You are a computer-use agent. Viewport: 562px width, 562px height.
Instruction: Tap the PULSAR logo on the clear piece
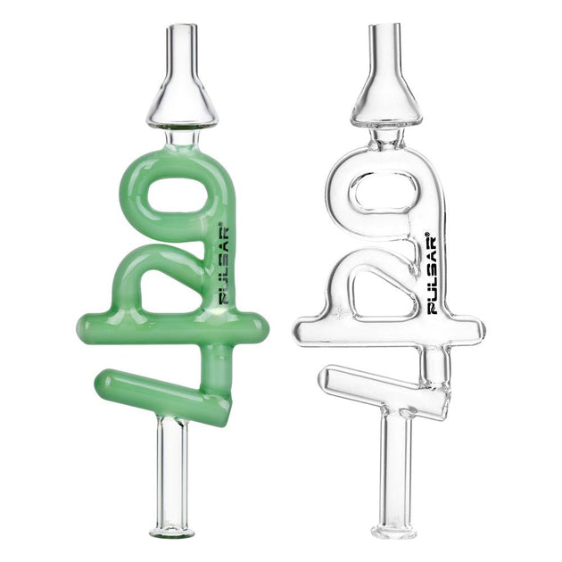point(432,274)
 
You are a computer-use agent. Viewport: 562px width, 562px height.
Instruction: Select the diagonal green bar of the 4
point(169,393)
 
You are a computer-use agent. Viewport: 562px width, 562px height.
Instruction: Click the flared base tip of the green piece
point(172,532)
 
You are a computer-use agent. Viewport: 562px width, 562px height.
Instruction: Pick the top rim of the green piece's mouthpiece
point(183,27)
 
